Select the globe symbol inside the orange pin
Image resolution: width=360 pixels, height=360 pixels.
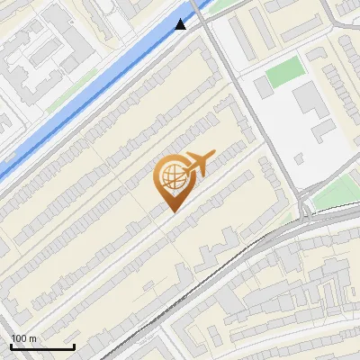pos(170,177)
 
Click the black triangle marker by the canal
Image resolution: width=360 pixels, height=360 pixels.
pos(182,23)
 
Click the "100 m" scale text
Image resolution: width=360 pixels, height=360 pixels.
pos(24,338)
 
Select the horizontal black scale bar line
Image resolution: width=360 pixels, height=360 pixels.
pos(42,346)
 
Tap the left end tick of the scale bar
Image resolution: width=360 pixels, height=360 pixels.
pos(11,345)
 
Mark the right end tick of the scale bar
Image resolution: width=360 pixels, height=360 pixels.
pos(74,345)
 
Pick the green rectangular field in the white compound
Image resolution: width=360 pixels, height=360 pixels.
pos(286,72)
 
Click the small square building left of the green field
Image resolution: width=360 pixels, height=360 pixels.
pos(262,87)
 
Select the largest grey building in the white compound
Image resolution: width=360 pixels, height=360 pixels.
pos(310,103)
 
